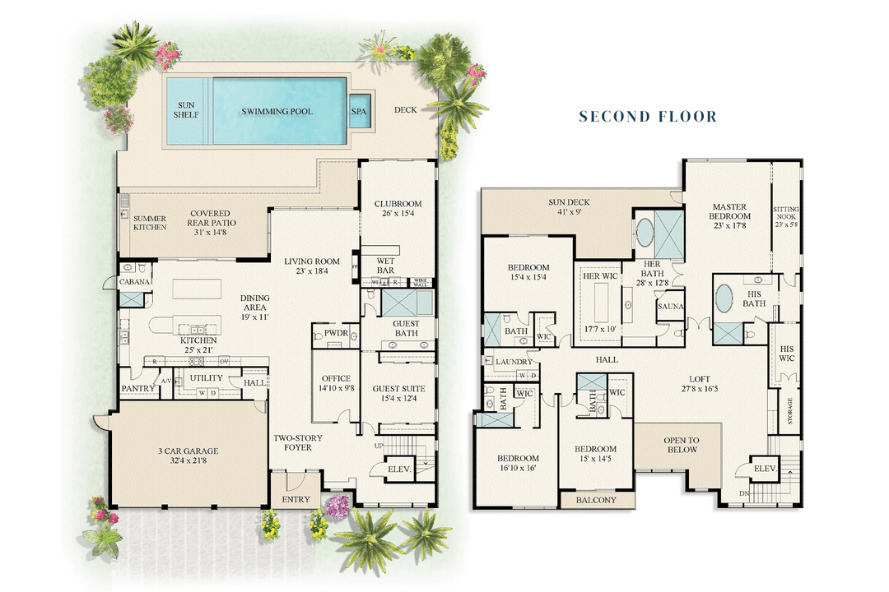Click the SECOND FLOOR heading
[x=648, y=117]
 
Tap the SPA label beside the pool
[x=359, y=111]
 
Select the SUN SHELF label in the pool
[x=186, y=111]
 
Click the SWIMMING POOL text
[x=277, y=111]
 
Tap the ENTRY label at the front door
[x=296, y=499]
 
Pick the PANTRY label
[x=137, y=388]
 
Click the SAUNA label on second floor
[x=668, y=306]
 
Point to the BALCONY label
[x=597, y=500]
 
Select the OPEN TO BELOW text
[x=681, y=445]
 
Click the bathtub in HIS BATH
[x=725, y=298]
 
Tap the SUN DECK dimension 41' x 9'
[x=570, y=211]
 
